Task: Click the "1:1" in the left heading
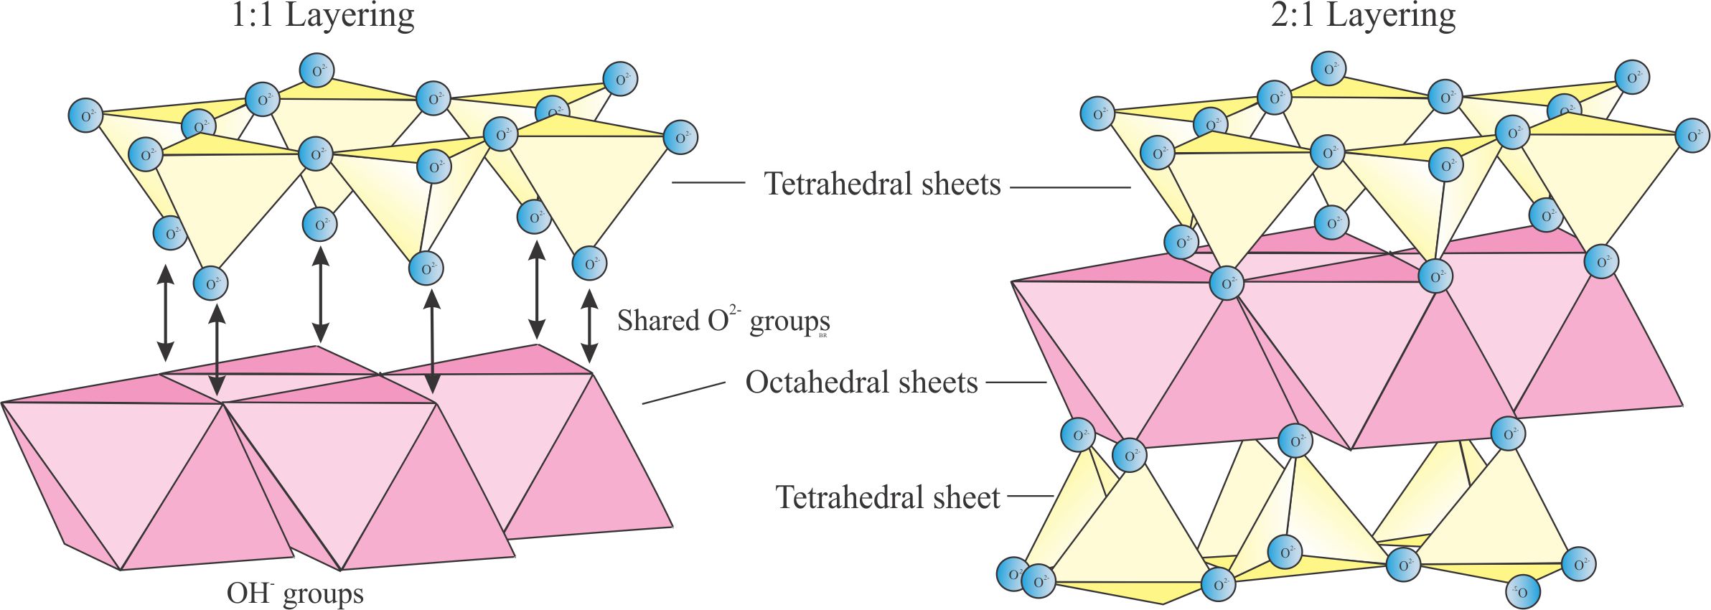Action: pos(252,16)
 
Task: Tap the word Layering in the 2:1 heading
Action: pos(1390,16)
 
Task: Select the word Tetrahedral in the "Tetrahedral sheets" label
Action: pos(840,184)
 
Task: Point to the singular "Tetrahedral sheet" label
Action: pos(887,497)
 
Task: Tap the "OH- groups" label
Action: pos(295,593)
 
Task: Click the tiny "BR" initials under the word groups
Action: pos(822,335)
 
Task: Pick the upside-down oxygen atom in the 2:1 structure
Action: pos(1522,591)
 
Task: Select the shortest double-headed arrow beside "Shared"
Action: pos(589,327)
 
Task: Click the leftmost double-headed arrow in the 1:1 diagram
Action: pos(166,313)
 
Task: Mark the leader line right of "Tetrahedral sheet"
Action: pos(1031,496)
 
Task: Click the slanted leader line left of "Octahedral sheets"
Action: pos(683,393)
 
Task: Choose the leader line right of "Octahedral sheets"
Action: pos(1016,383)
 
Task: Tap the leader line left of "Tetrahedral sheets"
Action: pos(708,182)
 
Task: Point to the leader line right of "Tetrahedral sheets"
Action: pos(1070,187)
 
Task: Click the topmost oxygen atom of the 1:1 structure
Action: pos(316,71)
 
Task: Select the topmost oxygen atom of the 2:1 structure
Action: pos(1328,69)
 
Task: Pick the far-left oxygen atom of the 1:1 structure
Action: pos(85,116)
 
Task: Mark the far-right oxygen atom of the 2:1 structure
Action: pos(1692,136)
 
